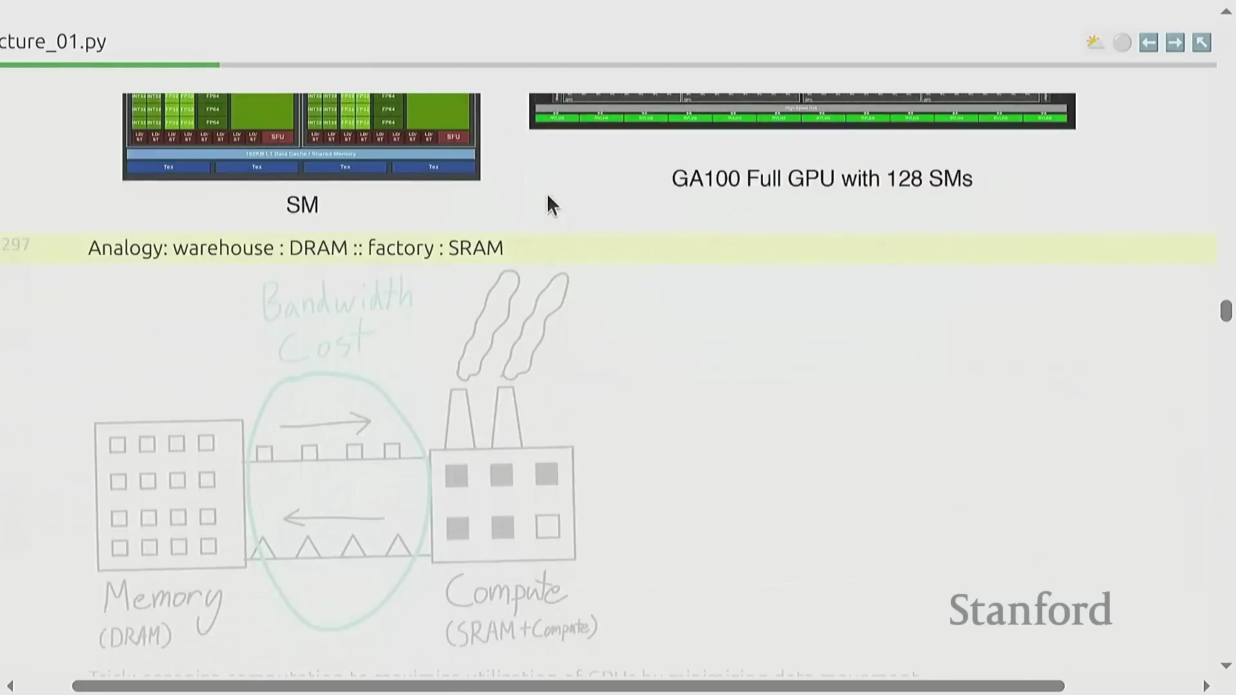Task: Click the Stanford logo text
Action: pos(1030,609)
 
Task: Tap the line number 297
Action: pos(15,245)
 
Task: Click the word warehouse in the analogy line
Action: pos(223,248)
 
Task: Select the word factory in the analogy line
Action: pos(400,248)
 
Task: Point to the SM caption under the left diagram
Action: pos(302,205)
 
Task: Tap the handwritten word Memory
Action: pos(162,598)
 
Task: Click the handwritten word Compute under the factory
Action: pos(506,591)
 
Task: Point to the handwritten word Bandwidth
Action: pos(337,301)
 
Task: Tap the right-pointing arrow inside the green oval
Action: pos(326,423)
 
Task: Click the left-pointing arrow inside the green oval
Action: pos(333,517)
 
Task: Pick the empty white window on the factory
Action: pos(547,526)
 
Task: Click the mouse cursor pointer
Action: pos(552,205)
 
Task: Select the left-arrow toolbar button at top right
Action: pos(1148,42)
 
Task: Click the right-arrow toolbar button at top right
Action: pos(1175,42)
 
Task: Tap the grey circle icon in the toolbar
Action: pos(1122,42)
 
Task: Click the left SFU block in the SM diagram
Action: pos(277,136)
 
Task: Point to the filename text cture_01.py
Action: pos(53,42)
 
